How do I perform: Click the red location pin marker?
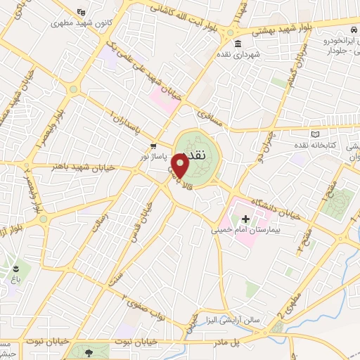pos(181,165)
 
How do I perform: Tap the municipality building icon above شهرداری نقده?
pos(240,44)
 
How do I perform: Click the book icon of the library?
pos(315,134)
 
